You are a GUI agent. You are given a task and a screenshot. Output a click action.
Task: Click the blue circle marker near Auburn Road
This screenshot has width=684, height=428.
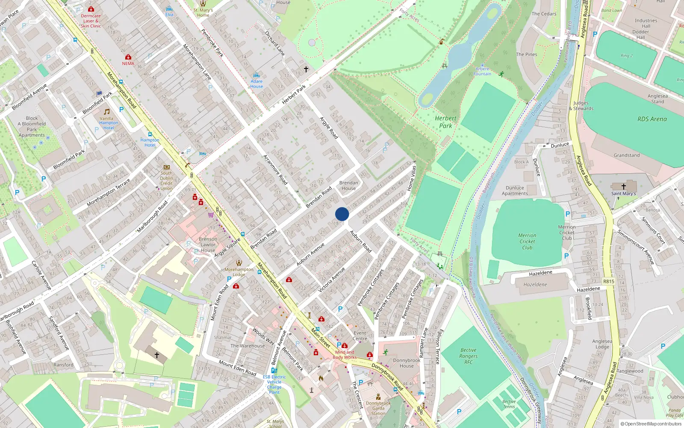342,214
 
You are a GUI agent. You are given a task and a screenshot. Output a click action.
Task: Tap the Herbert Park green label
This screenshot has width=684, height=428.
445,122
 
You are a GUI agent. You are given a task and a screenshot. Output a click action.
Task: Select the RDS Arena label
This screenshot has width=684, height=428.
652,119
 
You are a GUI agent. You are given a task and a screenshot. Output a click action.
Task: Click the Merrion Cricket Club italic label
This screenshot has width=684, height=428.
527,241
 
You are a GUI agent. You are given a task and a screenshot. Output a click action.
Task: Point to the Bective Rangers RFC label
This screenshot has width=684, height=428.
469,356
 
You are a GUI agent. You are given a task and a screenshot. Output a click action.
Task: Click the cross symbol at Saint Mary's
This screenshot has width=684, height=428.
623,187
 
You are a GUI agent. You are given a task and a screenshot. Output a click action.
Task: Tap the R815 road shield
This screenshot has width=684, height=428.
608,281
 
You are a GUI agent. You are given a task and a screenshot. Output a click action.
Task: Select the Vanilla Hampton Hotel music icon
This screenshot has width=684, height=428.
107,111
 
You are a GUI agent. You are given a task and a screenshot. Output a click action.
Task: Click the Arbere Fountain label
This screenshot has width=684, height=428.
482,71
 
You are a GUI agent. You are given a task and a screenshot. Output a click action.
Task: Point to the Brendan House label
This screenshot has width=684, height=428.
349,185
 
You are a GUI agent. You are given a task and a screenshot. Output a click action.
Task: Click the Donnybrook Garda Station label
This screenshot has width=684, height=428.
378,408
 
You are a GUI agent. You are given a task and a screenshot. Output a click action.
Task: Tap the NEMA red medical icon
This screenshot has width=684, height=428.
128,57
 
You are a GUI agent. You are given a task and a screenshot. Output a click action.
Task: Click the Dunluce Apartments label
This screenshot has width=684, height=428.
515,190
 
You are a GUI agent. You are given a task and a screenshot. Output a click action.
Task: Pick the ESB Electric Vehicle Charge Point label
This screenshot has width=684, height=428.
274,384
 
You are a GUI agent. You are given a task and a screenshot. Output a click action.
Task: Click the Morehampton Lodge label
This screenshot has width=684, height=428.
239,272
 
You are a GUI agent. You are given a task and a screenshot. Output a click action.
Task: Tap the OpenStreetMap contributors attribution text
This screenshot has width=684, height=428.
651,424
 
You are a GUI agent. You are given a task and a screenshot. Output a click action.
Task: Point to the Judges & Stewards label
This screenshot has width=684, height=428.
581,106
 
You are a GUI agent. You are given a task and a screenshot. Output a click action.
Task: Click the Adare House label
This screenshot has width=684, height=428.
256,83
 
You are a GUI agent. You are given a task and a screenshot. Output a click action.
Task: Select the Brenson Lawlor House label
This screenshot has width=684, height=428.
208,244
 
